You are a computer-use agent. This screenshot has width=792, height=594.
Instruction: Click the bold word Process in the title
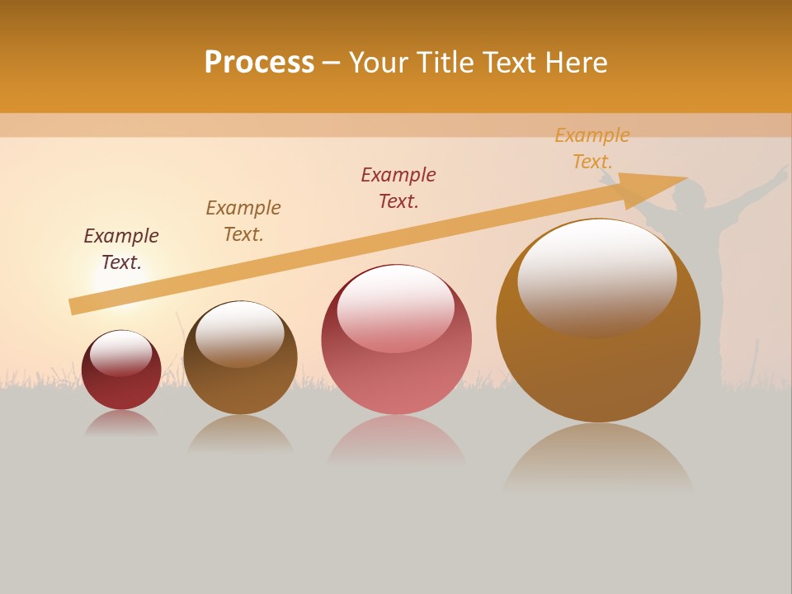pyautogui.click(x=259, y=63)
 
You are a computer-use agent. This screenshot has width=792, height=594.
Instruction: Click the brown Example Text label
pyautogui.click(x=243, y=221)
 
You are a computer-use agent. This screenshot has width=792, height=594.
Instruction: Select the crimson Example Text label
pyautogui.click(x=398, y=188)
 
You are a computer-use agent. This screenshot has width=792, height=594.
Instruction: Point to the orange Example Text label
pyautogui.click(x=592, y=148)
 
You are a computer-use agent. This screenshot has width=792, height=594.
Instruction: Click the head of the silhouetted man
pyautogui.click(x=690, y=196)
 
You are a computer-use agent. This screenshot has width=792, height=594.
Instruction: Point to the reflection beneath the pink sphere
pyautogui.click(x=396, y=441)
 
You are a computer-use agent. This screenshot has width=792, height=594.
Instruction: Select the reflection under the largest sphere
pyautogui.click(x=598, y=458)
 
